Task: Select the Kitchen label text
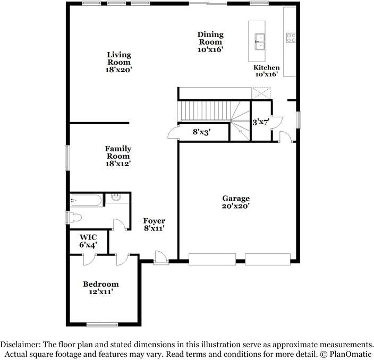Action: [266, 67]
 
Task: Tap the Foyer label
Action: [154, 221]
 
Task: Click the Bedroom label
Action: [100, 284]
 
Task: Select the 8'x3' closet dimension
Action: [202, 132]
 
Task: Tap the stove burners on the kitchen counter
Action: [291, 38]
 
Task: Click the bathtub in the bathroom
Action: [86, 201]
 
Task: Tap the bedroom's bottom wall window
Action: [101, 325]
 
